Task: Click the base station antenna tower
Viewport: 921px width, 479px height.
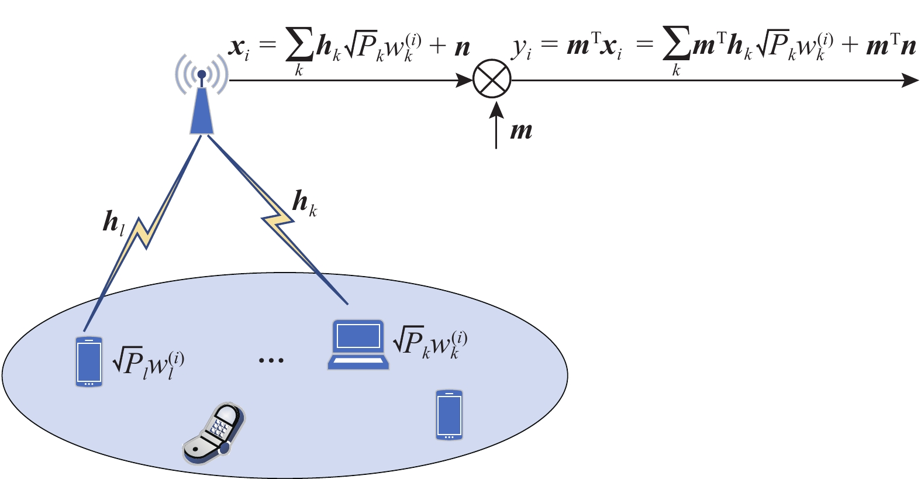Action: tap(202, 105)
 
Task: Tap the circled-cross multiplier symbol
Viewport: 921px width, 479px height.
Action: tap(492, 80)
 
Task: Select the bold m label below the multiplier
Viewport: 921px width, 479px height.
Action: tap(521, 130)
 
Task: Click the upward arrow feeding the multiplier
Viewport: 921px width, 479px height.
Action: tap(496, 125)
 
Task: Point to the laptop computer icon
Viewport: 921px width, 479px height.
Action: tap(358, 344)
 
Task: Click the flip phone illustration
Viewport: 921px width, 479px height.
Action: tap(214, 433)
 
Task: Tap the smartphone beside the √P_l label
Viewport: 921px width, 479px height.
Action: tap(89, 362)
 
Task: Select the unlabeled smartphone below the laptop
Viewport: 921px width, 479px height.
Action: tap(449, 415)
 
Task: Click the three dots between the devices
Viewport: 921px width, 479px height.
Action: tap(271, 360)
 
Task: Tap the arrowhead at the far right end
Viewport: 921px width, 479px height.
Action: tap(910, 80)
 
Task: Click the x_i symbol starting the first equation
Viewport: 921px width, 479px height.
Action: tap(239, 47)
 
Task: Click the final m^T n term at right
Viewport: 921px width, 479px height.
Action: tap(891, 46)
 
